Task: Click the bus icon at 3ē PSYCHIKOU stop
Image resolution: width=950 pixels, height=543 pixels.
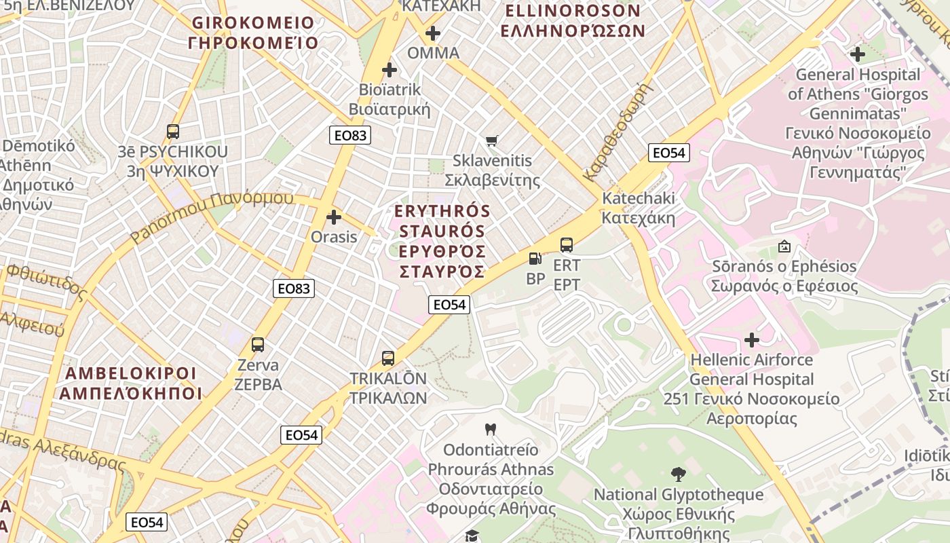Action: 173,132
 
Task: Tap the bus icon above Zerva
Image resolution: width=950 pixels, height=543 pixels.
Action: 258,345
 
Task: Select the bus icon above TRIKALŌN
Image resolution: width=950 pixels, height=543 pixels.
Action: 388,358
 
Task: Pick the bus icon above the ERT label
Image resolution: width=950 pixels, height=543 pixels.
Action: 567,245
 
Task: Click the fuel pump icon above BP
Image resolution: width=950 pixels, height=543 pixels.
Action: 535,259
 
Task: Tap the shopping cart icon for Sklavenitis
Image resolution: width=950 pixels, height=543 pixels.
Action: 492,141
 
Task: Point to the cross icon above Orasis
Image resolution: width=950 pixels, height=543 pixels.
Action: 334,217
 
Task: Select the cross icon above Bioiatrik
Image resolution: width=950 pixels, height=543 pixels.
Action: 389,69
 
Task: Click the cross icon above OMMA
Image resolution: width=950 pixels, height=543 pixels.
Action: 433,33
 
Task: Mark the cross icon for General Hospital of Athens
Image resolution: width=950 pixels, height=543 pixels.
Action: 858,54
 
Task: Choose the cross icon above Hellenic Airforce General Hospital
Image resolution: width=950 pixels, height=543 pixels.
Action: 751,339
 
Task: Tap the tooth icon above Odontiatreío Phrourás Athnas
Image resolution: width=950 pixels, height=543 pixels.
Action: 491,429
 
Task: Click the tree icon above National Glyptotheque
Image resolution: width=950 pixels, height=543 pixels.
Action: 678,474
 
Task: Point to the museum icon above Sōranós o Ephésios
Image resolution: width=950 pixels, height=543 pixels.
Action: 784,246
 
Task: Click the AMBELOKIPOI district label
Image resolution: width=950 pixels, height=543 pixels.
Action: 130,383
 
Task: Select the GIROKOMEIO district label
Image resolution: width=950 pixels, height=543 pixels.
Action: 254,33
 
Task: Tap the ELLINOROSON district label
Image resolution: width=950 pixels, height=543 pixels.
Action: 573,20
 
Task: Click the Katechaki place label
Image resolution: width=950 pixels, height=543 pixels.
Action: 639,208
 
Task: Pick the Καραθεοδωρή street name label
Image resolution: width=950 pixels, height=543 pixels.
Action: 617,133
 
